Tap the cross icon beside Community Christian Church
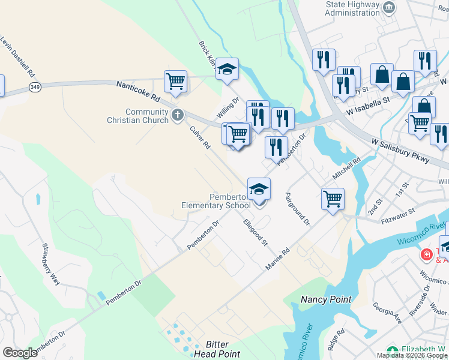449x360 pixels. pos(177,115)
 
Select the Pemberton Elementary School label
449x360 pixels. pos(216,201)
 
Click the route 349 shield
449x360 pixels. pos(35,87)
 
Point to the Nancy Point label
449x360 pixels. pos(326,299)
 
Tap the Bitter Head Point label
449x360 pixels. pos(217,349)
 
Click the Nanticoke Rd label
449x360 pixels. pos(139,91)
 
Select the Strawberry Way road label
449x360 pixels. pos(51,264)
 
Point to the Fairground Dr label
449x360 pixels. pos(297,208)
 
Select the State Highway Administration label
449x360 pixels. pos(352,8)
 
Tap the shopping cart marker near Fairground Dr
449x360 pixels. pos(333,198)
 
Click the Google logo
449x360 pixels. pos(20,353)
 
